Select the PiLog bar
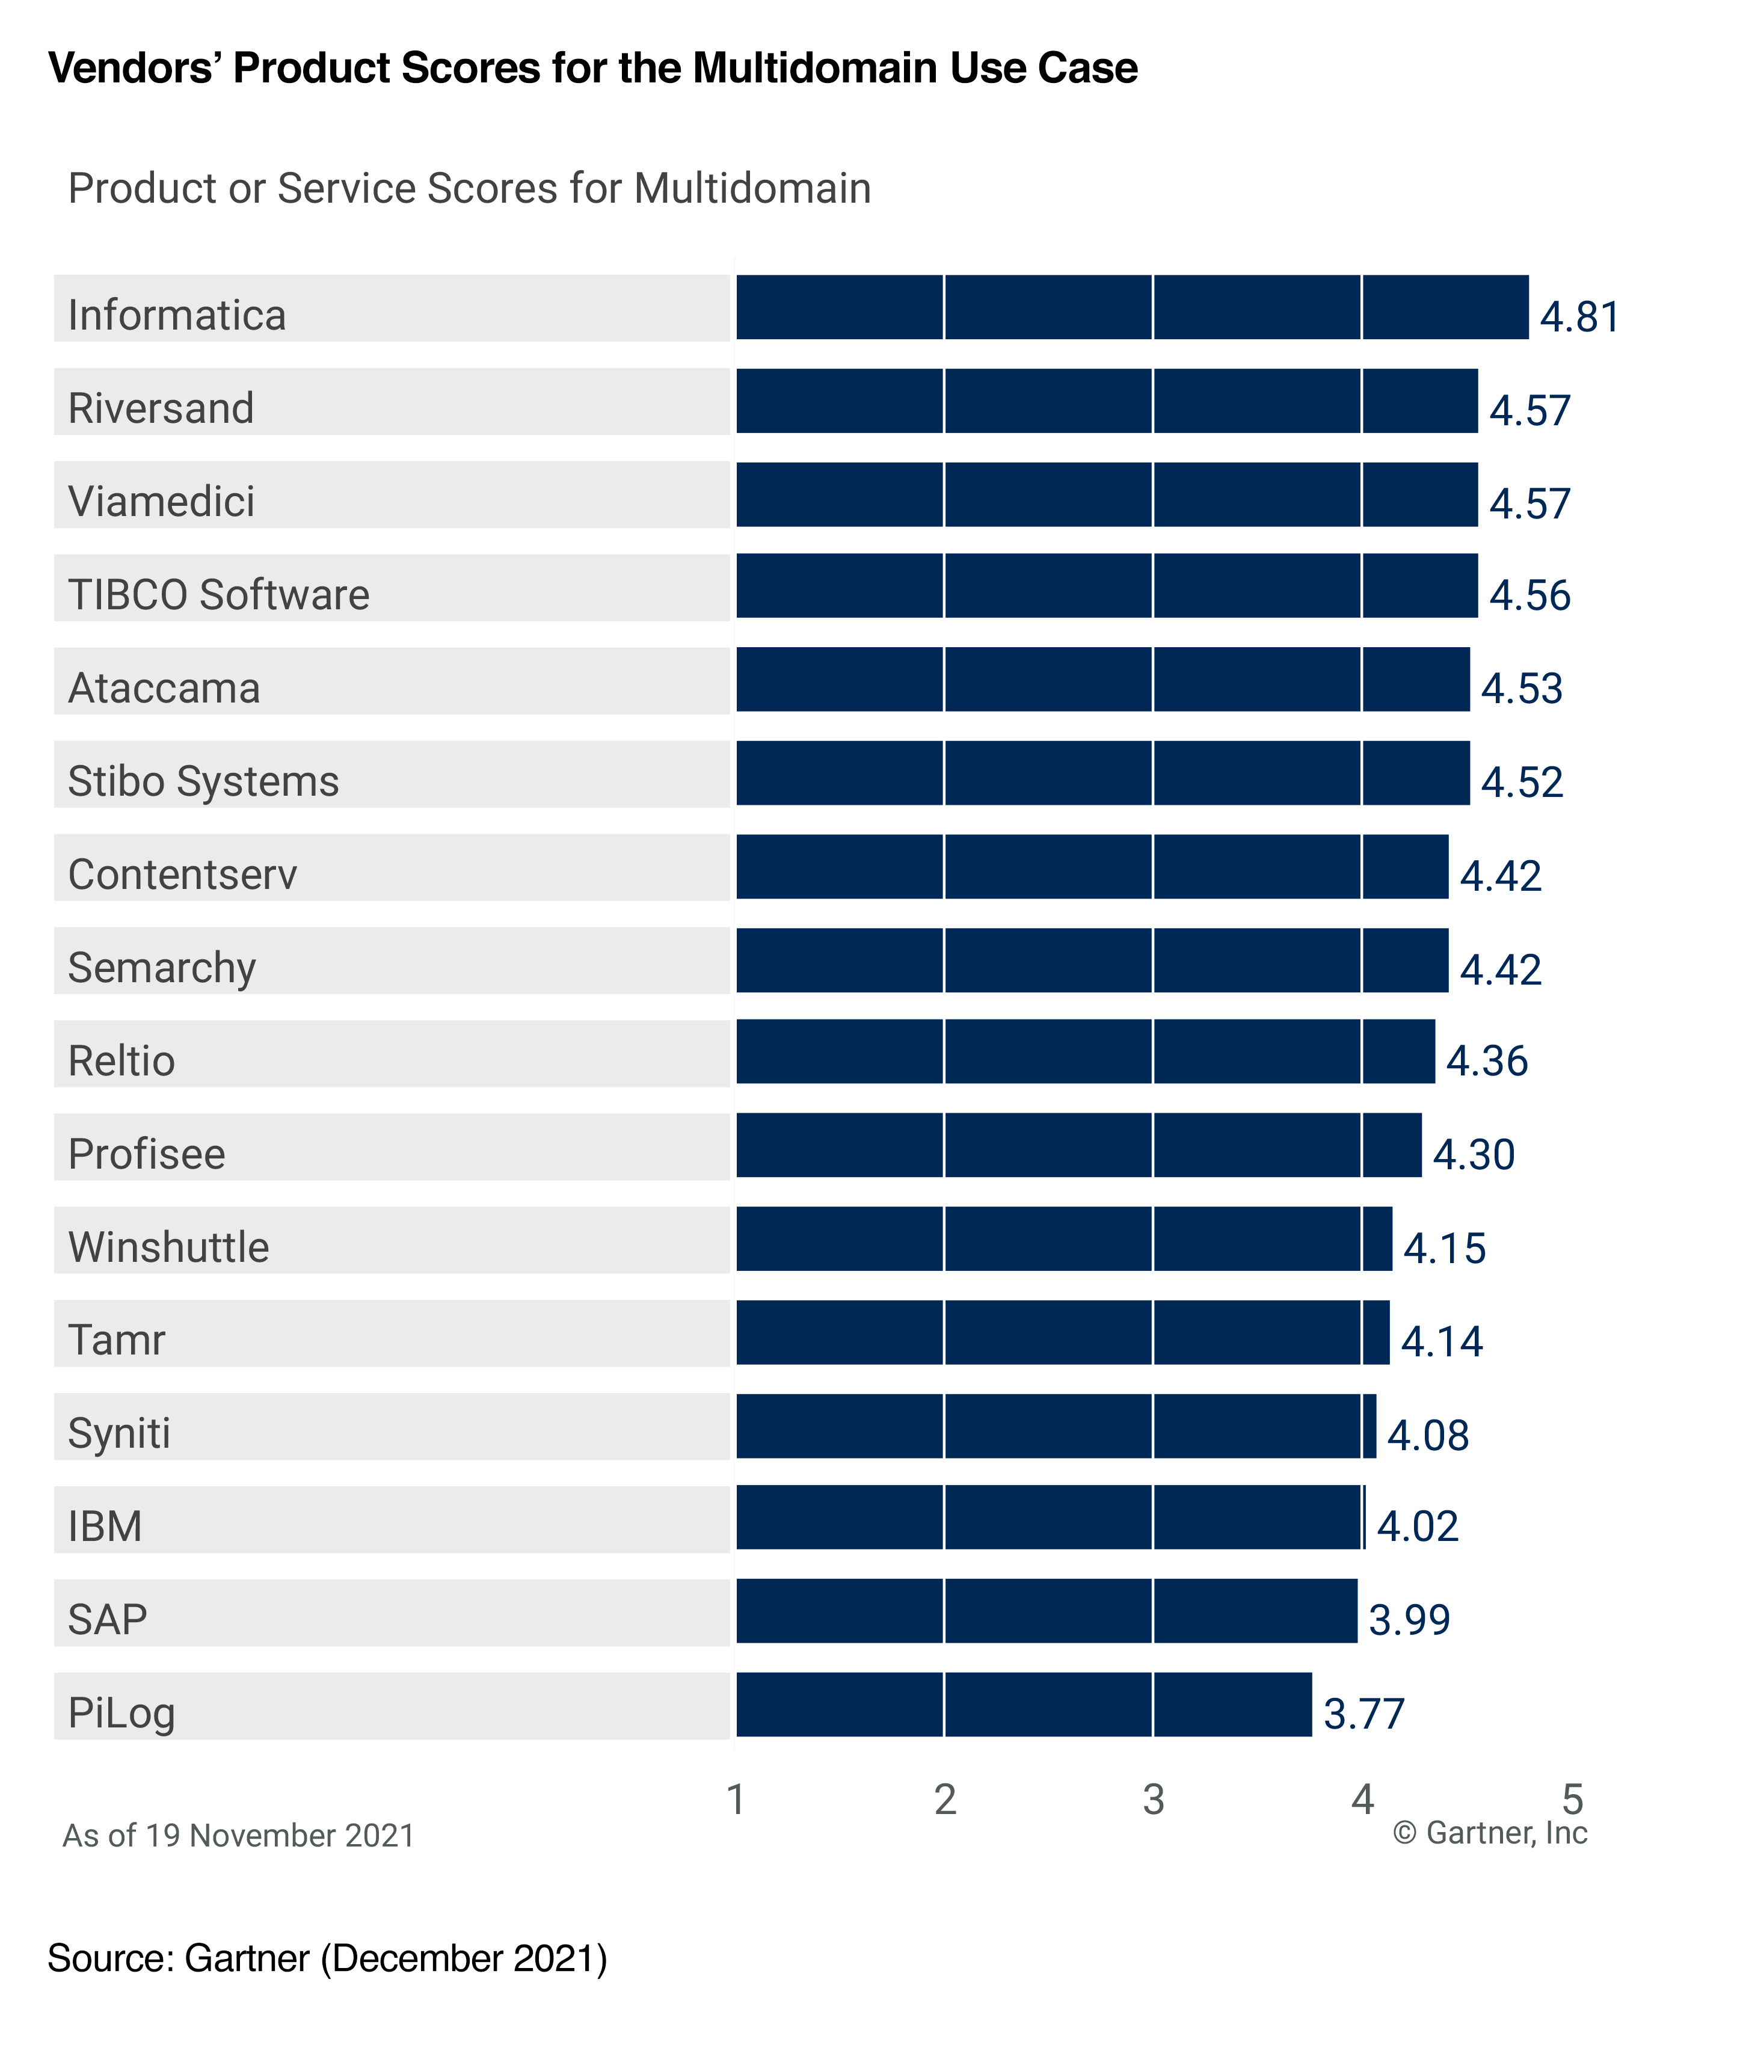[1023, 1704]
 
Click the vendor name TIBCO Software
[218, 595]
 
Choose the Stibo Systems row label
[203, 781]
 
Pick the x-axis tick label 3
[1153, 1800]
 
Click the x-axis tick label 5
[1572, 1800]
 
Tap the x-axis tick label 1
[735, 1800]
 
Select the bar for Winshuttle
[1063, 1239]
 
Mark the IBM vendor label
[105, 1526]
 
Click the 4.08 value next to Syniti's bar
[1427, 1435]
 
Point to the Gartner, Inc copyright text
[1489, 1833]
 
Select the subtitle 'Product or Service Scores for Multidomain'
[470, 188]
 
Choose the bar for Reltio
[1085, 1051]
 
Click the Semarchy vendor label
[162, 968]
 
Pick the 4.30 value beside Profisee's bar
[1473, 1154]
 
